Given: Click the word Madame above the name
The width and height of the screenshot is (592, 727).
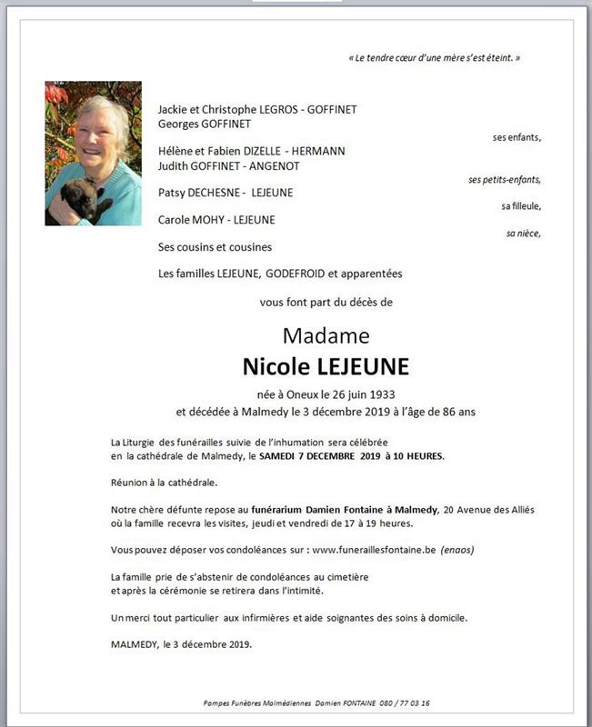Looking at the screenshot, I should [326, 335].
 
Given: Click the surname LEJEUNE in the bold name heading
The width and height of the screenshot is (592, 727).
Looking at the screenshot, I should [364, 366].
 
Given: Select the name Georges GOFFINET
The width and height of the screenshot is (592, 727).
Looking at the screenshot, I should [205, 124].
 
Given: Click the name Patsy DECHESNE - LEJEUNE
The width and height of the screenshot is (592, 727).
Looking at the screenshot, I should [226, 193].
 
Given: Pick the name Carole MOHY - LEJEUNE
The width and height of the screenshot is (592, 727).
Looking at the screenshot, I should [216, 219].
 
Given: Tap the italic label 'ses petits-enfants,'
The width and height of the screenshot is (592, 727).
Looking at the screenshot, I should [505, 179].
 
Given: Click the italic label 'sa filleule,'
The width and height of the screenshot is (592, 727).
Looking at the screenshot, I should [520, 206].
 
